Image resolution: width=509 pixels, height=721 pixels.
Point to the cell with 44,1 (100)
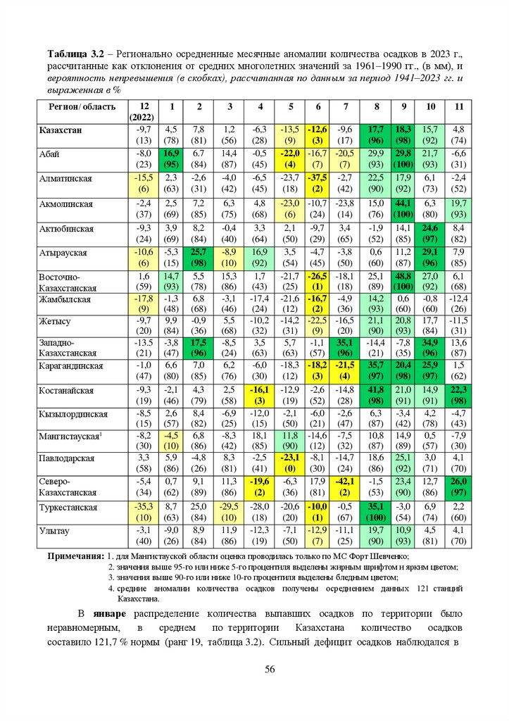click(405, 209)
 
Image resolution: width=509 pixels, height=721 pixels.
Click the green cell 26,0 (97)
click(458, 487)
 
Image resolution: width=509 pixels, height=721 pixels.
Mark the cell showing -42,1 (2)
click(346, 487)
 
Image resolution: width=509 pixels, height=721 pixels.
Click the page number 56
click(269, 669)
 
